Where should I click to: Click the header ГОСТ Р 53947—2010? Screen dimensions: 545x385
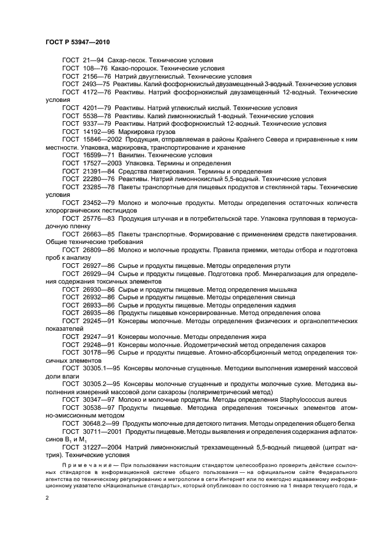click(77, 43)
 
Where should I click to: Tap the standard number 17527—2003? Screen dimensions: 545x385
click(101, 164)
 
